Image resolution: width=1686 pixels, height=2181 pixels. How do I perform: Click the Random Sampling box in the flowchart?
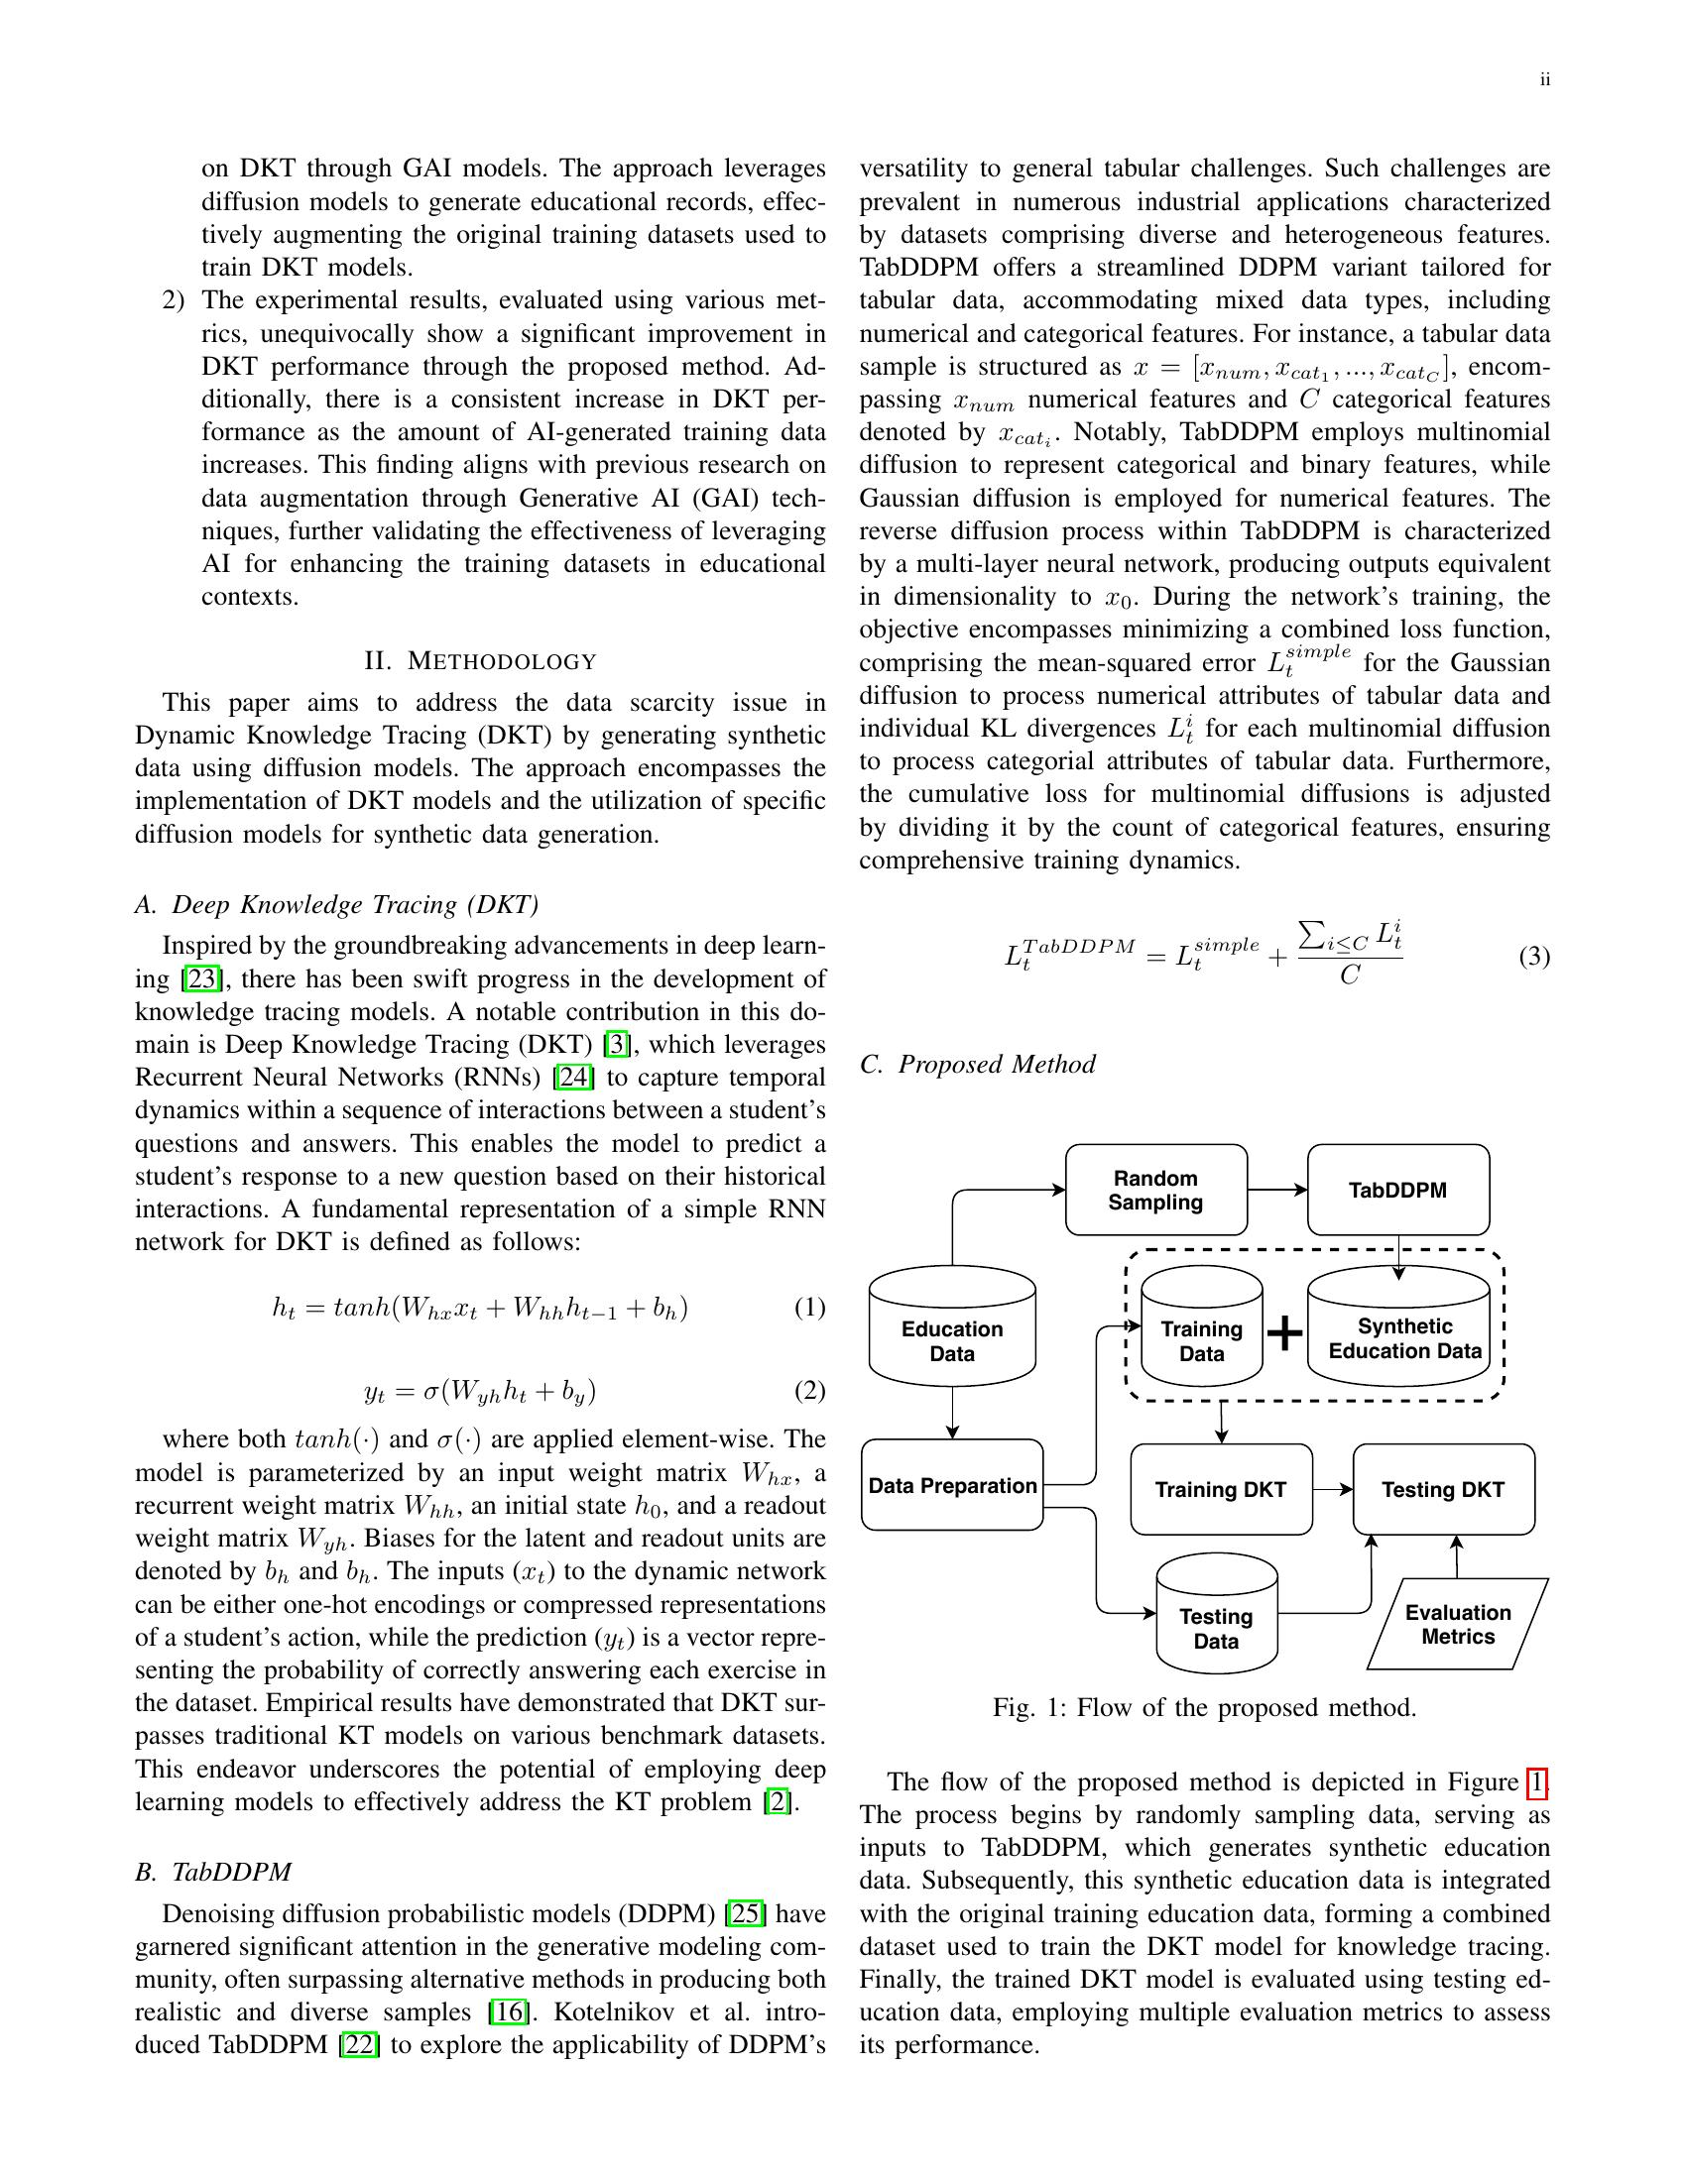1155,1190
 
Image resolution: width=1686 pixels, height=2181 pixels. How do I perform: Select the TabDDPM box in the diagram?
1397,1190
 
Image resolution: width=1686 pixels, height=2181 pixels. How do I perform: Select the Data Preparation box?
952,1485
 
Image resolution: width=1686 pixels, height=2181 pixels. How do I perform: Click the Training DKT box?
1221,1489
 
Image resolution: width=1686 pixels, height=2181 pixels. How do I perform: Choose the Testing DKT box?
1442,1489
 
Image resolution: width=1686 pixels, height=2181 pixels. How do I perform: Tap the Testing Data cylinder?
1216,1618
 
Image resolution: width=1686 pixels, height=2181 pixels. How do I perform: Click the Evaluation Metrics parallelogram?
1457,1624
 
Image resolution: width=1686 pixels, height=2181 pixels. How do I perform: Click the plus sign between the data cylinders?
1284,1333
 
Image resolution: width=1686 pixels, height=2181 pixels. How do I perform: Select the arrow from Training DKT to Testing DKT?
1332,1489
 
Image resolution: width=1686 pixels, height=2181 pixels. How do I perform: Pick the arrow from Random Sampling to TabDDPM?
1277,1190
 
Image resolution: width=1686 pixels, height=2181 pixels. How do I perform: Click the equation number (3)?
1534,957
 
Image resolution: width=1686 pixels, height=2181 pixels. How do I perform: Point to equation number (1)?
809,1308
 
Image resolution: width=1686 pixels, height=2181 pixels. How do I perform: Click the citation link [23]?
200,978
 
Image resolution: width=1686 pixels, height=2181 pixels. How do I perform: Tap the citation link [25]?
746,1913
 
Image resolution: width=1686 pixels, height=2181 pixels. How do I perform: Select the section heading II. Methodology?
480,661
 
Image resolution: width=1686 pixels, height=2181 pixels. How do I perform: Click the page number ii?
1544,80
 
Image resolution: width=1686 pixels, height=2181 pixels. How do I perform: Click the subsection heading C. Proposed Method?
977,1064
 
